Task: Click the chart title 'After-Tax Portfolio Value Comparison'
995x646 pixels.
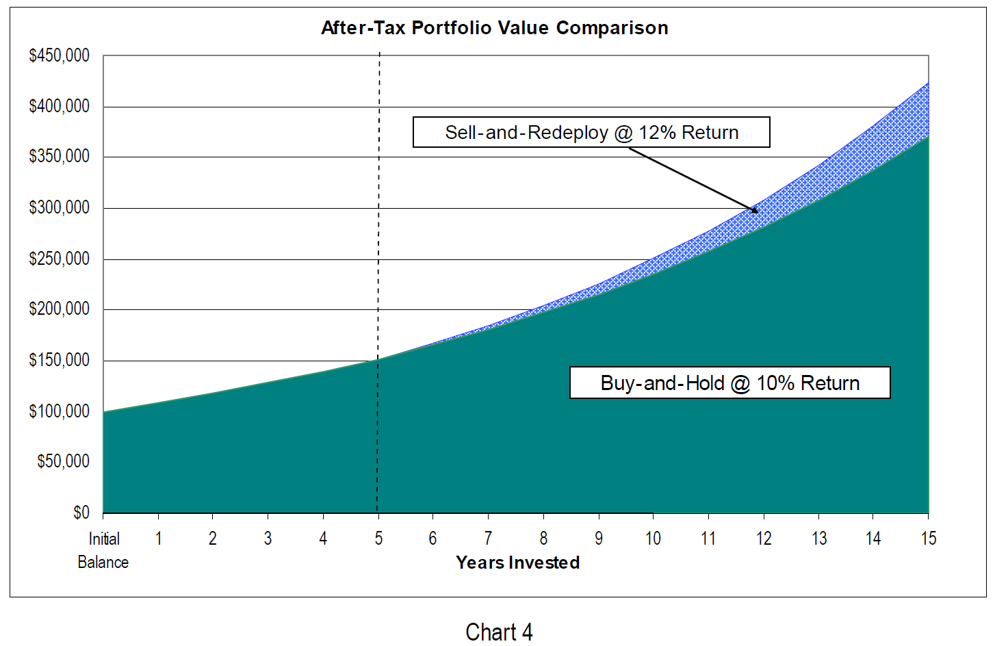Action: pyautogui.click(x=494, y=28)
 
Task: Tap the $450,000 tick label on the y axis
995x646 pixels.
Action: pyautogui.click(x=60, y=55)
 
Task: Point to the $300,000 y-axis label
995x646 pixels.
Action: pyautogui.click(x=60, y=207)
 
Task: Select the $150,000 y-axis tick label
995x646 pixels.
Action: pyautogui.click(x=60, y=360)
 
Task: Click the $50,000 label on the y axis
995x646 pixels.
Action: pyautogui.click(x=63, y=461)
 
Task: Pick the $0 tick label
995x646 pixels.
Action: pyautogui.click(x=81, y=513)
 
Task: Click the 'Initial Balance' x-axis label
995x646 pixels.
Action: pyautogui.click(x=103, y=550)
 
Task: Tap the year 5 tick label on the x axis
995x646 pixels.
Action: pyautogui.click(x=378, y=539)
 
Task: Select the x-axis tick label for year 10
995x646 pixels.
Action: pyautogui.click(x=654, y=539)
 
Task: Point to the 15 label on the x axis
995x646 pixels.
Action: pyautogui.click(x=929, y=539)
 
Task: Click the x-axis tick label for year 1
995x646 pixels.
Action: pyautogui.click(x=158, y=539)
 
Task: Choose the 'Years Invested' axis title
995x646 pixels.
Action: pyautogui.click(x=518, y=563)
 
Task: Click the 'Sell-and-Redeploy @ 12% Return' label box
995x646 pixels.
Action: pyautogui.click(x=591, y=132)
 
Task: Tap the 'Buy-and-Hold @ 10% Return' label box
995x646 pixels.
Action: pyautogui.click(x=729, y=383)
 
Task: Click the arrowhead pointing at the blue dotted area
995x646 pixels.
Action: pyautogui.click(x=754, y=210)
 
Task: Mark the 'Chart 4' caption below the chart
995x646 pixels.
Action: pyautogui.click(x=499, y=632)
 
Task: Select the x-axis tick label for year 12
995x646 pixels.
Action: pyautogui.click(x=764, y=539)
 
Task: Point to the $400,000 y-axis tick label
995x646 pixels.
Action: pyautogui.click(x=60, y=106)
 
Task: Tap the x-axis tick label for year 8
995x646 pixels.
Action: pyautogui.click(x=543, y=539)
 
